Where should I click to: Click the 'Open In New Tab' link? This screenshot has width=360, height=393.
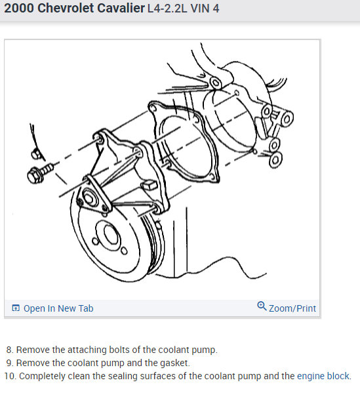pos(58,308)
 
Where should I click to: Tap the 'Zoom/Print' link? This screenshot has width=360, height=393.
pos(292,308)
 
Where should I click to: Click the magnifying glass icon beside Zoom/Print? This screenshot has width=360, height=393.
pos(262,306)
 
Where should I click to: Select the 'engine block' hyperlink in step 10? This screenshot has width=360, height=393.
pos(323,376)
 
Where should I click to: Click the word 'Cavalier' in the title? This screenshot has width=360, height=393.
pos(121,8)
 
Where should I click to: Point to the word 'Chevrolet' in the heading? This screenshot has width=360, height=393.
pos(66,8)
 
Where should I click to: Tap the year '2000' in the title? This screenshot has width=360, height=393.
pos(19,8)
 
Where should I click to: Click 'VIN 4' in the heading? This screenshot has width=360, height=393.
pos(205,9)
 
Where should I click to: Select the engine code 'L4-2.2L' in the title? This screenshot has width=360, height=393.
pos(167,9)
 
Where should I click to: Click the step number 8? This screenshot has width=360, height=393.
pos(10,350)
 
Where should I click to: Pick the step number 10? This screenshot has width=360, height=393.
pos(10,376)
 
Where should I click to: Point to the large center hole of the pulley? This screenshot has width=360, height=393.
pos(111,234)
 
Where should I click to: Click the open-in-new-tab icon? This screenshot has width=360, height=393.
pos(16,308)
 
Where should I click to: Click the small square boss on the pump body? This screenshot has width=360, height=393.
pos(150,185)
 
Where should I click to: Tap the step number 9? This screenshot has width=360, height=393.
pos(10,363)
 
